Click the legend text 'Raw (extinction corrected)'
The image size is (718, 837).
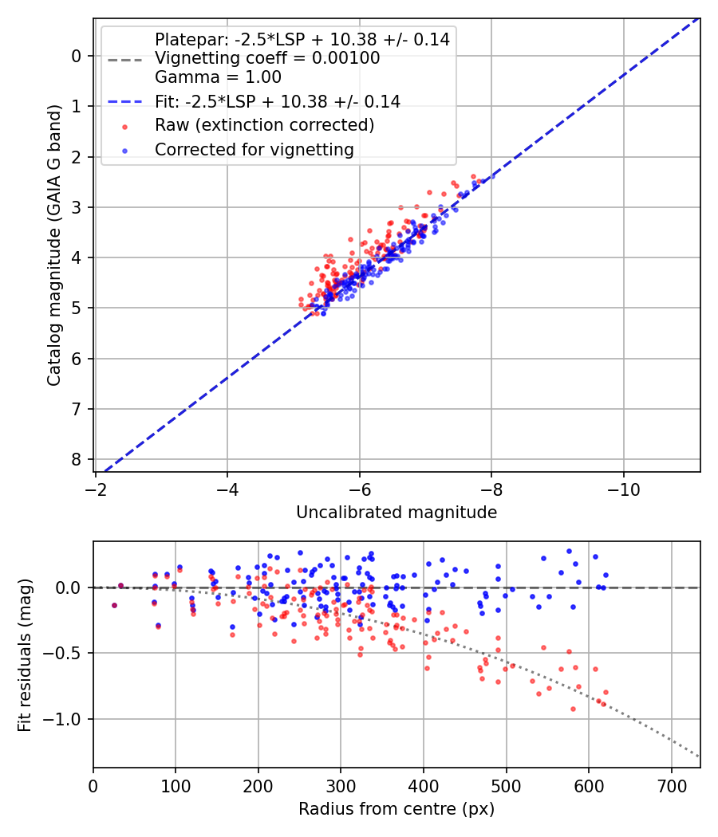pos(264,125)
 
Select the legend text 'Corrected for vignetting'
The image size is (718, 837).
pos(254,149)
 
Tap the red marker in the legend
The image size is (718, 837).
pos(124,126)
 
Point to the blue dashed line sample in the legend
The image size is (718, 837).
pos(124,101)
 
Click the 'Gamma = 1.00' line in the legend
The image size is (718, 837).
pos(218,77)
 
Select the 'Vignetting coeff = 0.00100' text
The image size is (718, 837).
pos(267,58)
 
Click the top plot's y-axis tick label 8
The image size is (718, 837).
pos(77,460)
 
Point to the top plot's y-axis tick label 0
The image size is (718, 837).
pos(77,56)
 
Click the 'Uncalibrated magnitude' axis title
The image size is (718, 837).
pos(396,513)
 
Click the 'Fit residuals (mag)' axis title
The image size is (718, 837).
pos(25,654)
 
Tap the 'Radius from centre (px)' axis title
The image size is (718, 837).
pos(396,809)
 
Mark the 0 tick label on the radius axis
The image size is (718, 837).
pos(93,784)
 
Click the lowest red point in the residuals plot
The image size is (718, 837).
pos(573,709)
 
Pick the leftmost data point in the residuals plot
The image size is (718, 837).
pos(114,605)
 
